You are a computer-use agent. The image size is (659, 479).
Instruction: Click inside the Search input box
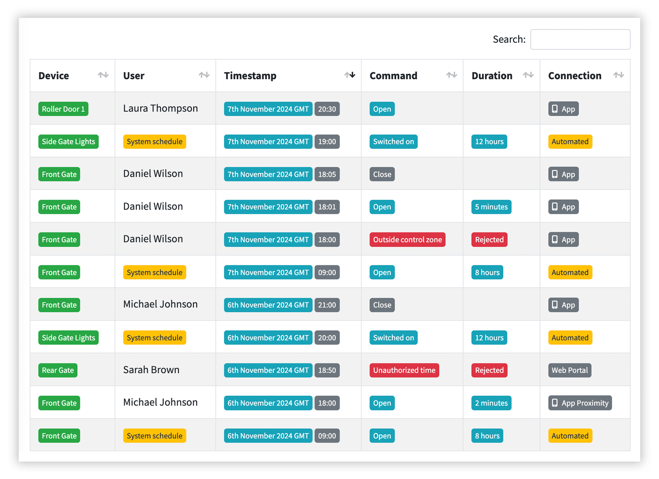pyautogui.click(x=580, y=39)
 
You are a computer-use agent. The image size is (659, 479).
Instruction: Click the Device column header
pyautogui.click(x=54, y=76)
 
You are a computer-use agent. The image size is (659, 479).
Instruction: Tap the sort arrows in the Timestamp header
pyautogui.click(x=350, y=75)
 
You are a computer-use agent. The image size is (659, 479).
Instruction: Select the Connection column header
pyautogui.click(x=575, y=76)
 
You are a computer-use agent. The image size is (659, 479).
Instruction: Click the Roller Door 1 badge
pyautogui.click(x=63, y=109)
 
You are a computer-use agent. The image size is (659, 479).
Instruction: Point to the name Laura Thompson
pyautogui.click(x=161, y=108)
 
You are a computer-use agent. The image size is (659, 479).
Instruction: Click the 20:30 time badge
pyautogui.click(x=327, y=109)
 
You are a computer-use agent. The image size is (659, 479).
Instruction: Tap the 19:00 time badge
pyautogui.click(x=327, y=142)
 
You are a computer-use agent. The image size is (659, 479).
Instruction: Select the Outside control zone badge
pyautogui.click(x=407, y=239)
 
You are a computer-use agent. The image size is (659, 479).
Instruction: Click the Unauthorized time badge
pyautogui.click(x=404, y=370)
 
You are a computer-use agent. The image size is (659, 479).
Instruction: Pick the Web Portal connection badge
pyautogui.click(x=570, y=370)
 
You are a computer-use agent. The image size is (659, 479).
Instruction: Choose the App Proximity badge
pyautogui.click(x=580, y=403)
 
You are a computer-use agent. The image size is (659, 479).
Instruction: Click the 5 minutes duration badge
pyautogui.click(x=491, y=207)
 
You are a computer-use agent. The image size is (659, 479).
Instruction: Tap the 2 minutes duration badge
pyautogui.click(x=491, y=403)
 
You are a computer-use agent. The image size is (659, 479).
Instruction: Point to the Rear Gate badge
pyautogui.click(x=58, y=370)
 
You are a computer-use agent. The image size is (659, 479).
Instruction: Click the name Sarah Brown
pyautogui.click(x=151, y=370)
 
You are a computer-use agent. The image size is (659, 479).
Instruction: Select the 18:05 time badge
pyautogui.click(x=327, y=174)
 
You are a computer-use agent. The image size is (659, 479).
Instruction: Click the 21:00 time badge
pyautogui.click(x=327, y=305)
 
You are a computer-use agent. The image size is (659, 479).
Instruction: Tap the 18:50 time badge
pyautogui.click(x=327, y=370)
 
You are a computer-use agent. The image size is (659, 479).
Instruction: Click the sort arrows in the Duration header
pyautogui.click(x=528, y=75)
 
